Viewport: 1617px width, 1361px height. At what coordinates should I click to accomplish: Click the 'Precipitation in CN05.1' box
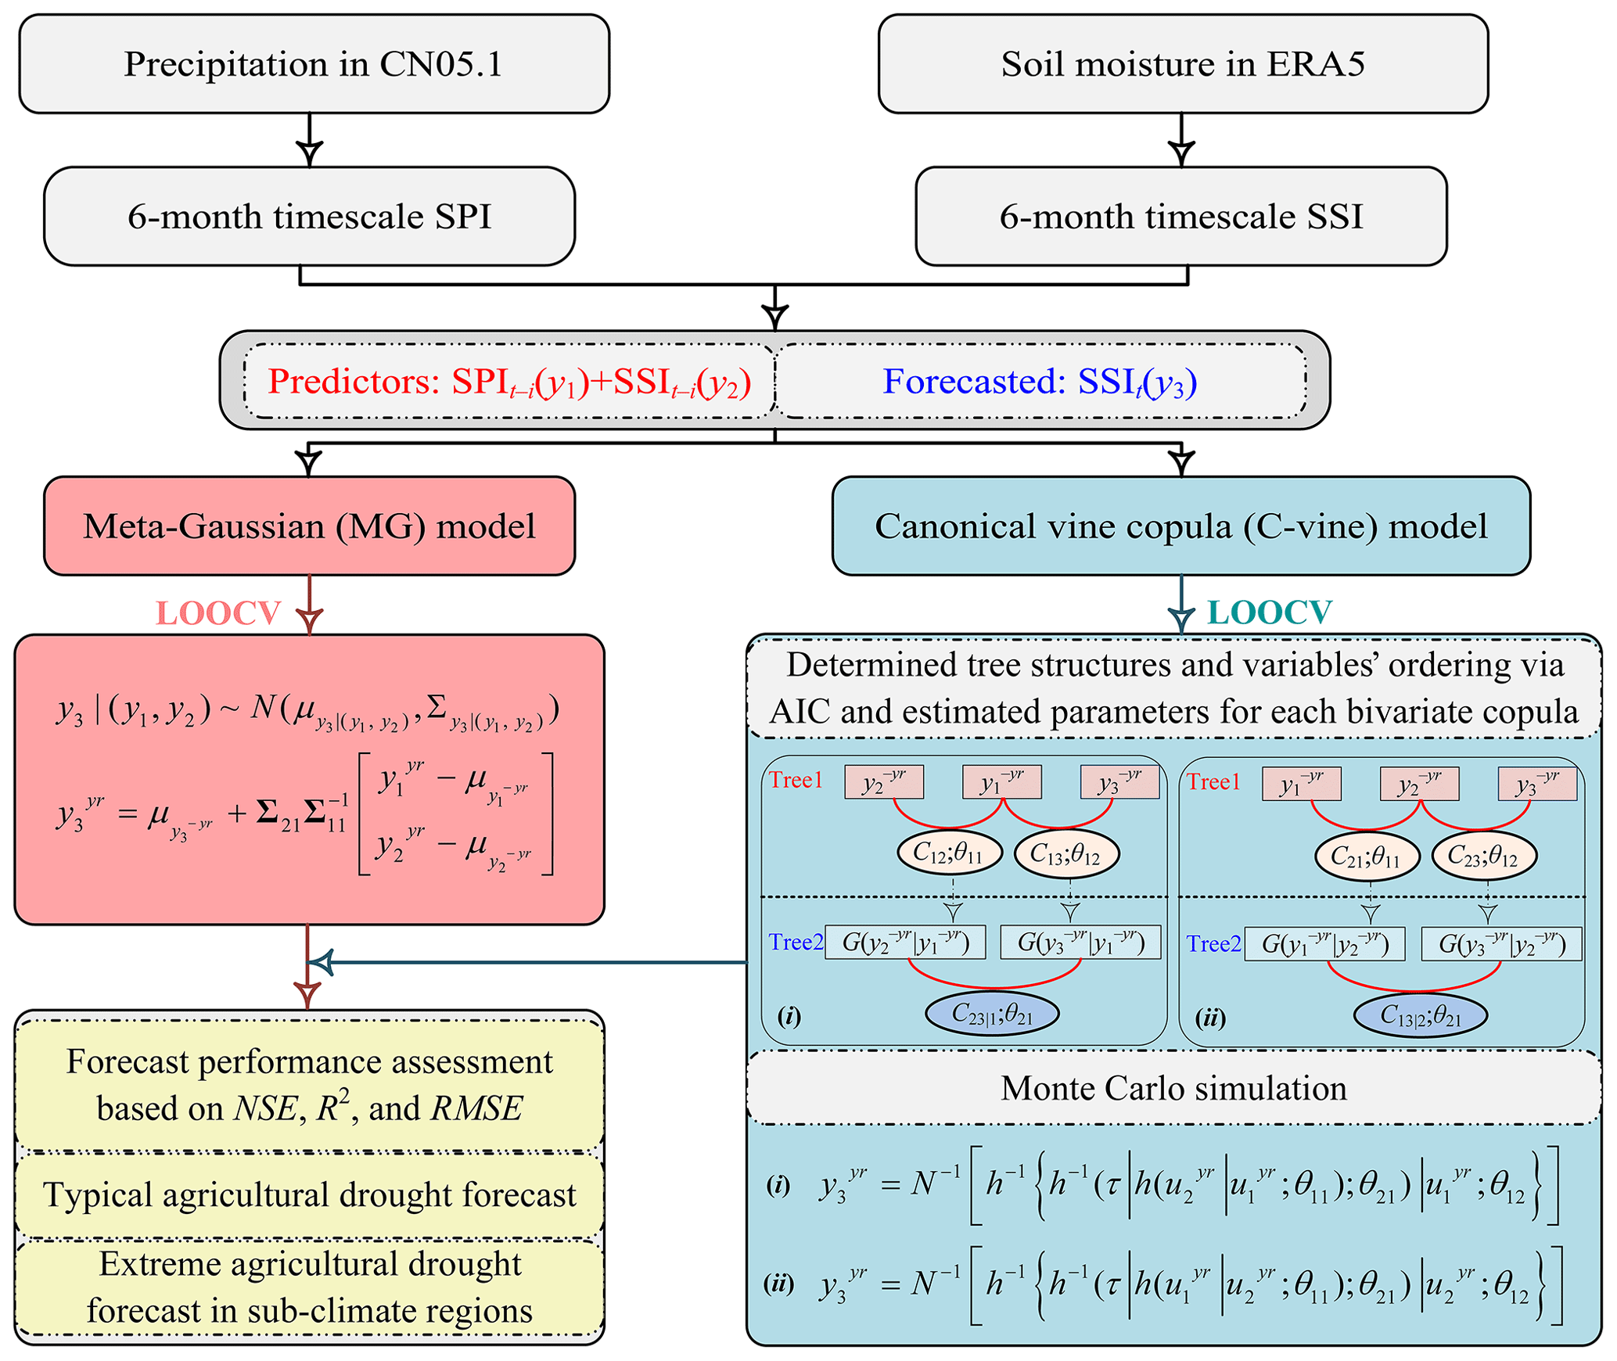[314, 64]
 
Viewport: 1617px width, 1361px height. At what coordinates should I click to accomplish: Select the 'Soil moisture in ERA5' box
[1182, 64]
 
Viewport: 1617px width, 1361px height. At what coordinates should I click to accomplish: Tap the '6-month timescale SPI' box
[309, 217]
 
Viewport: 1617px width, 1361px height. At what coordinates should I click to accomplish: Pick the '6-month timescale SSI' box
[1180, 217]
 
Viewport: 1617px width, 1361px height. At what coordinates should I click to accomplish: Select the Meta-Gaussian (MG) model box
[309, 526]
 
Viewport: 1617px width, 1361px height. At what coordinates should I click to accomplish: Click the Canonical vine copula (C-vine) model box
[1180, 526]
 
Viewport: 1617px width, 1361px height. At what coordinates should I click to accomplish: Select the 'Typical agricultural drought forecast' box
[309, 1195]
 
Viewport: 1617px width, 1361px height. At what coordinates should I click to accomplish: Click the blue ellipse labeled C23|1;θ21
[992, 1014]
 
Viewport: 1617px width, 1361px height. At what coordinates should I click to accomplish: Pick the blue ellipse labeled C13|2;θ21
[1420, 1015]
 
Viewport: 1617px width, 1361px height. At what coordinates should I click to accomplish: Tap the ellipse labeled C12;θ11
[949, 853]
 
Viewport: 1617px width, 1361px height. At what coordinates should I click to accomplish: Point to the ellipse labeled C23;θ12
[1484, 856]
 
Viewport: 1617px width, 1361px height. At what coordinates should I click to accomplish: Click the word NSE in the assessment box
[265, 1109]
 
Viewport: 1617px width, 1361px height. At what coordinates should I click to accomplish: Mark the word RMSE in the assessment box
[477, 1109]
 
